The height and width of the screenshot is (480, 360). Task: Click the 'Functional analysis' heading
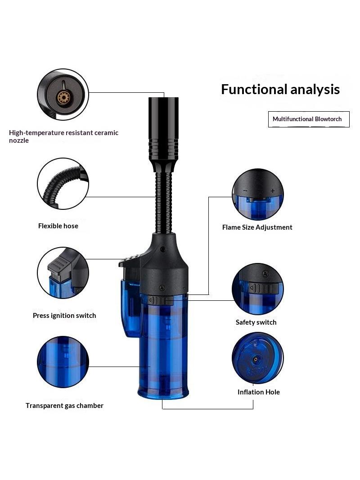280,90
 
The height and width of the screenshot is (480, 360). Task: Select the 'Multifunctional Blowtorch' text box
309,119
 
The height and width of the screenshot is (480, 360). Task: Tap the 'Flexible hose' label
58,226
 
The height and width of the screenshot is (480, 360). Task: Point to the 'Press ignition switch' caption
64,316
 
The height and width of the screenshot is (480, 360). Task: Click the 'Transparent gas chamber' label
64,406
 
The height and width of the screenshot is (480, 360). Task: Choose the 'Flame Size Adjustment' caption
257,227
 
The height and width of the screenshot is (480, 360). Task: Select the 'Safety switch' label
256,322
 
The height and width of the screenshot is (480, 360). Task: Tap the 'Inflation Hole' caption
259,392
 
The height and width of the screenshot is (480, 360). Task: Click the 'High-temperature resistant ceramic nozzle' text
63,136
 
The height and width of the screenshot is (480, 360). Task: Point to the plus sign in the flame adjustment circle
273,191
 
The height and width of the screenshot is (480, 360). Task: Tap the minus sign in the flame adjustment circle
245,191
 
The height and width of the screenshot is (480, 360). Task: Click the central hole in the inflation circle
256,358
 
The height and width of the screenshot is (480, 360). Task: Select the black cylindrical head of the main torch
164,129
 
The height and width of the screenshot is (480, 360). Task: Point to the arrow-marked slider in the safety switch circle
263,288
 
